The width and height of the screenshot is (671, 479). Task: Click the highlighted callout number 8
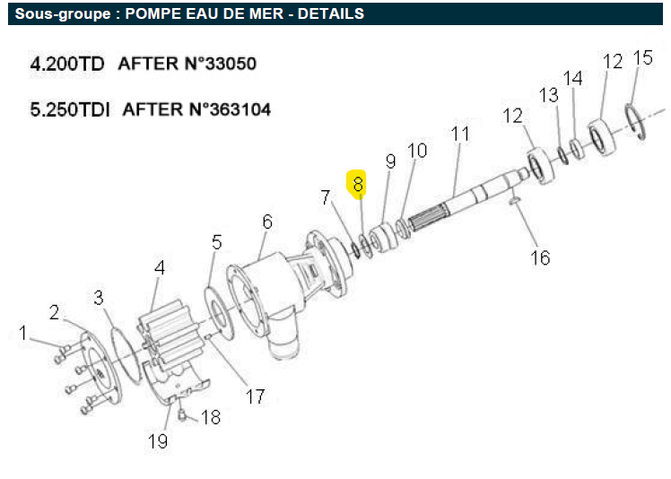click(x=358, y=184)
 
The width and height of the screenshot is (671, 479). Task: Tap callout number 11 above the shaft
click(x=460, y=134)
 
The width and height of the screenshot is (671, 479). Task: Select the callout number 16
click(x=540, y=257)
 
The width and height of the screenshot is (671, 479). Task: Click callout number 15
click(x=643, y=57)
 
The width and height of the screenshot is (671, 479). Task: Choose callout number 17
click(x=255, y=396)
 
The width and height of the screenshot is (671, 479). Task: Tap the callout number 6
click(x=267, y=222)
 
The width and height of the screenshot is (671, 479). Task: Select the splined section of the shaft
click(x=428, y=217)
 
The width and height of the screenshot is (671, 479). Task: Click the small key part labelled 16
click(x=514, y=199)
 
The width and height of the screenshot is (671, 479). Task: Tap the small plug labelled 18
click(x=182, y=414)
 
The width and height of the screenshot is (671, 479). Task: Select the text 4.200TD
click(x=67, y=64)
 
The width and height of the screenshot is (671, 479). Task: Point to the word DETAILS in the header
click(x=331, y=13)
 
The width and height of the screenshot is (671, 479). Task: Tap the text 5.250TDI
click(x=70, y=109)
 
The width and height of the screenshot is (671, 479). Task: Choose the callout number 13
click(x=549, y=95)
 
